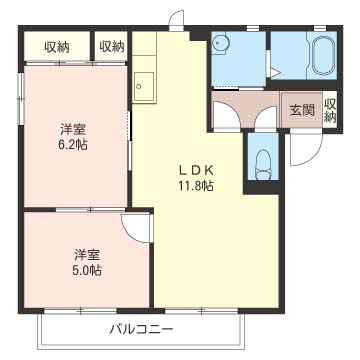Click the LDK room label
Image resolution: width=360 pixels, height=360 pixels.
(196, 171)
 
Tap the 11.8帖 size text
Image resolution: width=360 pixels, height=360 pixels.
(195, 186)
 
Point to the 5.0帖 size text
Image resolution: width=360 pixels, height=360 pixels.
(87, 270)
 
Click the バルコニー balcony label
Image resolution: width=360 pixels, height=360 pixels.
(142, 330)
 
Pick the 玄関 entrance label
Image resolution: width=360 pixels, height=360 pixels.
(302, 110)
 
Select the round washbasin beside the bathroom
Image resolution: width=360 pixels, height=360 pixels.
(219, 42)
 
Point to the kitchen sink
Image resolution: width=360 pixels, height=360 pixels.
(144, 87)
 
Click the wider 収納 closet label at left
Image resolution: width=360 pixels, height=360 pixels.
(57, 47)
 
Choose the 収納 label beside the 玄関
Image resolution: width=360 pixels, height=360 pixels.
(330, 111)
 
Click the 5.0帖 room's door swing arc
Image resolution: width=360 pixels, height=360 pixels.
(131, 234)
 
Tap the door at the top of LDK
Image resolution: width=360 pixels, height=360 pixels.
(177, 20)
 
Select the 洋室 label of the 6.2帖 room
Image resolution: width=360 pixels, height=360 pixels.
(73, 129)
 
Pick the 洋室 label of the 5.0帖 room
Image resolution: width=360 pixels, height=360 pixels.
(87, 255)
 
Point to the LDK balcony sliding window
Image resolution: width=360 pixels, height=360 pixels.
(202, 311)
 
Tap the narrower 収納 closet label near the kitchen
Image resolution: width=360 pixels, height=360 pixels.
(112, 47)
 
